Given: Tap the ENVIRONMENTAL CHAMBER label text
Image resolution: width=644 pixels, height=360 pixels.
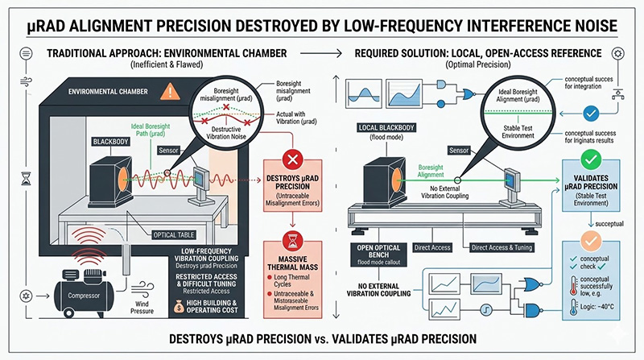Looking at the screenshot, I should coord(117,91).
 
